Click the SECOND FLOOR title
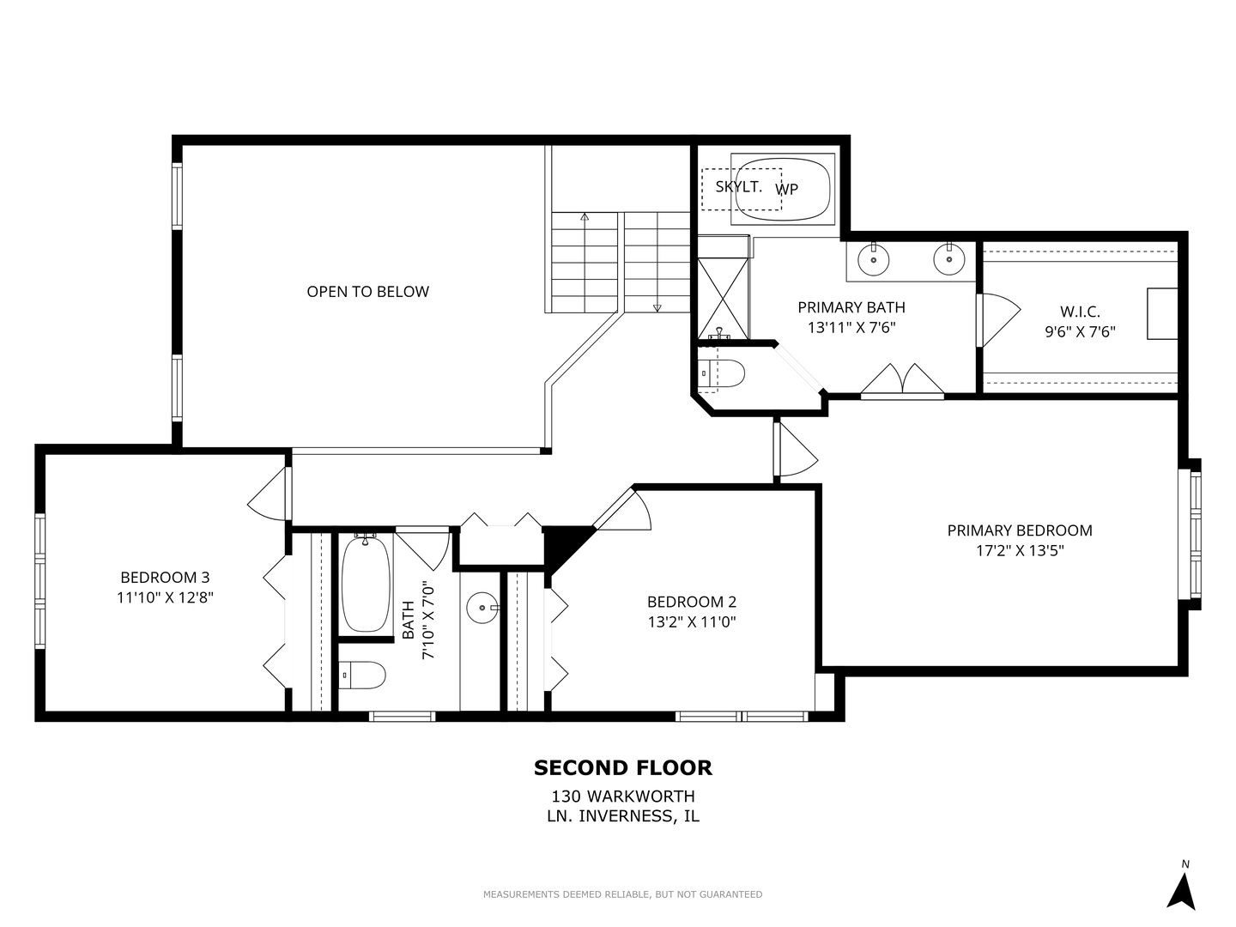coord(622,767)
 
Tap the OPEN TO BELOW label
coord(367,292)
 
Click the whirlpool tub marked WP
coord(783,189)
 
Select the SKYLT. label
coord(738,186)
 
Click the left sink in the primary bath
coord(874,258)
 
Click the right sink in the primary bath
coord(949,258)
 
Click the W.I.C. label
coord(1079,312)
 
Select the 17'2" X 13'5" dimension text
coord(1020,551)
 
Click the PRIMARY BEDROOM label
coord(1020,530)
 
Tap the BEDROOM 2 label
coord(691,602)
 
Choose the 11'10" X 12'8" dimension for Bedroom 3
coord(165,597)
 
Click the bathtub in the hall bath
coord(365,584)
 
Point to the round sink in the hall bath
coord(482,609)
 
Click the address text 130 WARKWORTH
coord(622,797)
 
